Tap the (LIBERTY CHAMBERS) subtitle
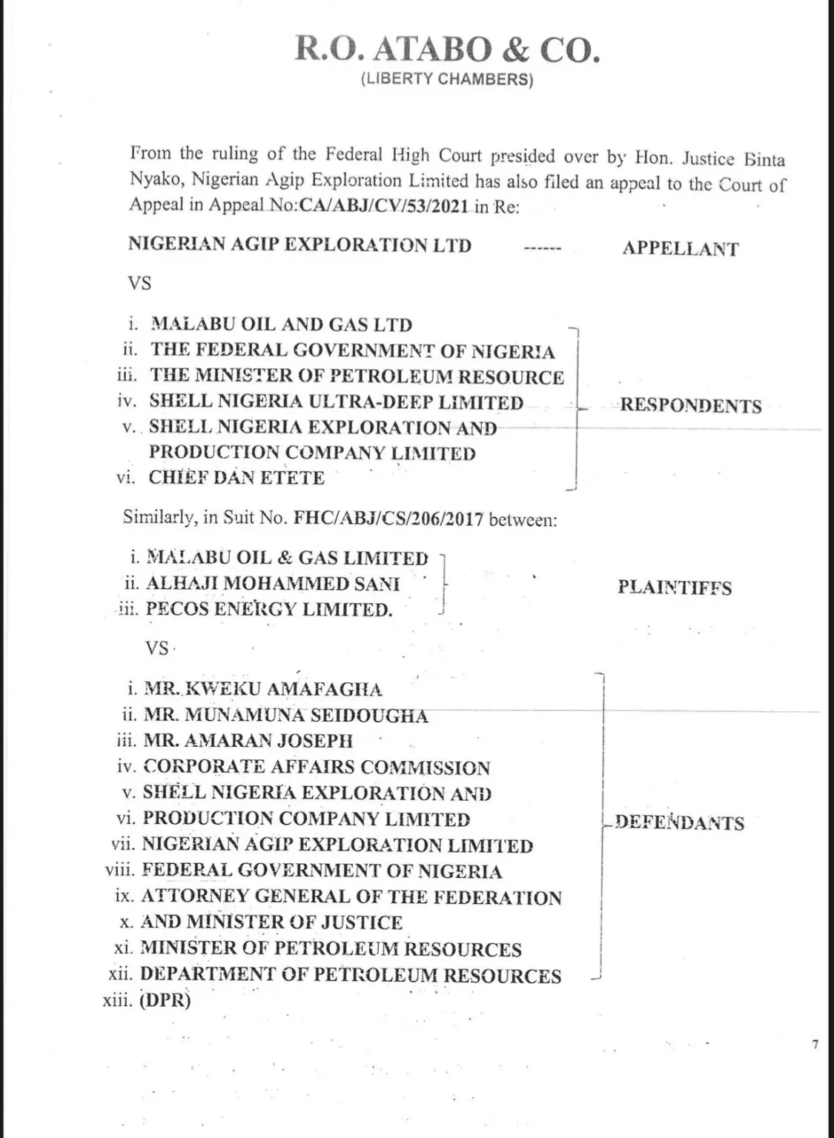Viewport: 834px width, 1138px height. point(446,80)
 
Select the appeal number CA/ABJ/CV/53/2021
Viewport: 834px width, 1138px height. point(383,205)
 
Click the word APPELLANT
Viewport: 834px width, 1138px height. point(680,248)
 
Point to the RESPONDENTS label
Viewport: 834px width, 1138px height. point(690,405)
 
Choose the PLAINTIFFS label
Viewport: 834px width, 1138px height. point(674,588)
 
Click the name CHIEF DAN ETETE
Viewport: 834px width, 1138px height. point(236,478)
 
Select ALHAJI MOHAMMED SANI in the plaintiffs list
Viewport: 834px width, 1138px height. point(273,583)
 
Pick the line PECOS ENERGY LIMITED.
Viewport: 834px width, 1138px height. point(268,609)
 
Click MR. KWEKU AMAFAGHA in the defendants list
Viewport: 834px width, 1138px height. point(263,690)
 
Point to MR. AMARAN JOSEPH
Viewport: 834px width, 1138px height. point(248,741)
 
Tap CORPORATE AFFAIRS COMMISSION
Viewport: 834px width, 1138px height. point(317,768)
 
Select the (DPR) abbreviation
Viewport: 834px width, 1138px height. point(165,1000)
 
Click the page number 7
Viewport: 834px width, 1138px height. point(815,1045)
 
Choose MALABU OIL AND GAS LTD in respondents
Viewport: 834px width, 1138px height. point(282,325)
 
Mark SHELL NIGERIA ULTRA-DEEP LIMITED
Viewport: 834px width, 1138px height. point(337,402)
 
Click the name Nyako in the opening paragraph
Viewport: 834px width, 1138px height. point(154,180)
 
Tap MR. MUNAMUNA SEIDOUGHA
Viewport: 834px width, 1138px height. point(285,716)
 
